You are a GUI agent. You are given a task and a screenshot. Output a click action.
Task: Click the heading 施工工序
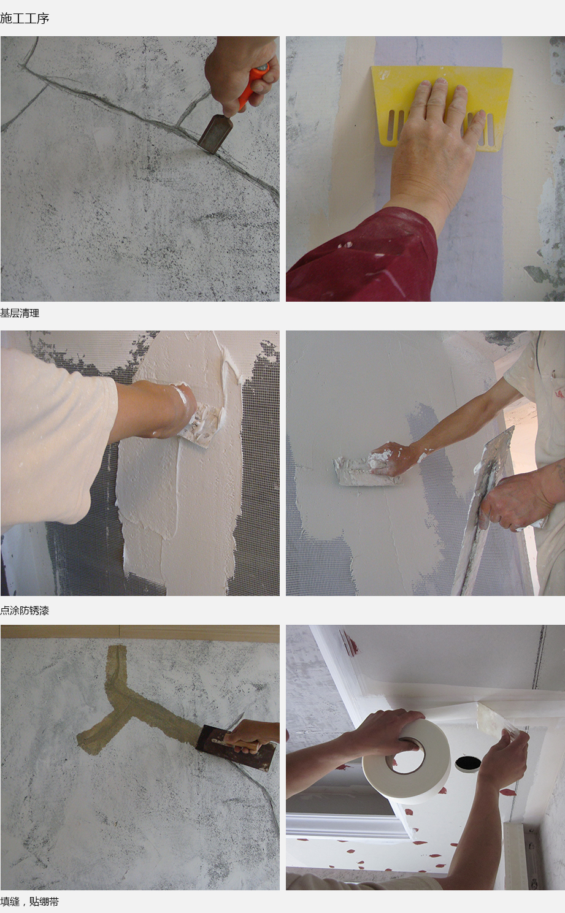[x=25, y=18]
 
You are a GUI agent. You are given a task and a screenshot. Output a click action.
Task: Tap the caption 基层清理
[x=20, y=313]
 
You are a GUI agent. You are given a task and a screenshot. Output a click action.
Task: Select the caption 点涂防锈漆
[x=25, y=610]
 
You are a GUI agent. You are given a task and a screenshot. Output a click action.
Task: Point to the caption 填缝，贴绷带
[x=29, y=901]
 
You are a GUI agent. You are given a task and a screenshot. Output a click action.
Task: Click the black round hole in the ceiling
[x=468, y=763]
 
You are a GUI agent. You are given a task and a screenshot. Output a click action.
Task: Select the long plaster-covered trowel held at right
[x=483, y=510]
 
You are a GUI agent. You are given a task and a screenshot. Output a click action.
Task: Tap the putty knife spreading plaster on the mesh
[x=200, y=426]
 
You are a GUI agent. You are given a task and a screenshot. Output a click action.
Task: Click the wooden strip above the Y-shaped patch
[x=140, y=632]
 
